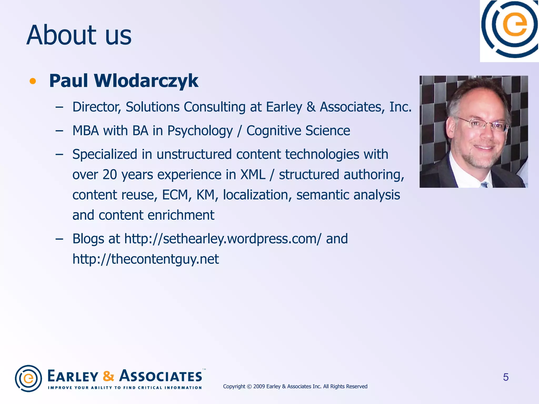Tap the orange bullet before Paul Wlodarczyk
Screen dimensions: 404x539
point(33,81)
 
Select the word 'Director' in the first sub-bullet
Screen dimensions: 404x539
point(96,107)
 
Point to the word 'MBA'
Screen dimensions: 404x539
point(86,131)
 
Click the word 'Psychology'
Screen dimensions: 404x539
point(200,131)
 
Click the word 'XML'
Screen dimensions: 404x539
point(253,175)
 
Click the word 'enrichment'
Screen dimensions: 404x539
point(181,215)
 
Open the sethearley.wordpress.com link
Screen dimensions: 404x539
point(223,239)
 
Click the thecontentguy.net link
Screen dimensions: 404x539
point(146,259)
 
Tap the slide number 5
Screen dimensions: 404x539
point(506,377)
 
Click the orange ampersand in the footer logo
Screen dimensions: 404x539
point(108,376)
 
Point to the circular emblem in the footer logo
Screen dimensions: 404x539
point(28,378)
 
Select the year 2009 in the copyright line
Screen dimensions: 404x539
point(259,386)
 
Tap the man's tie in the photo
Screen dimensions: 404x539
point(485,185)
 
